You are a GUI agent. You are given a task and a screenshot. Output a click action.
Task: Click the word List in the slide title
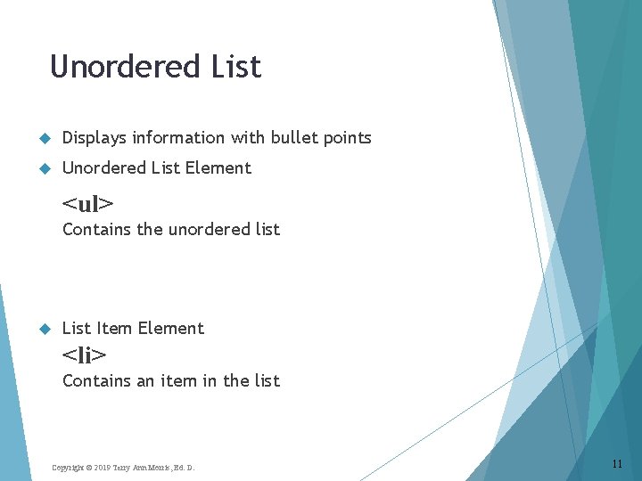tap(236, 67)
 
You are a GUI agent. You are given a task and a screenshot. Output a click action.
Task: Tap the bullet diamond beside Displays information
tap(44, 138)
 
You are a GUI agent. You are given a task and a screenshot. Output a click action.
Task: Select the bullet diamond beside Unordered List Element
tap(44, 168)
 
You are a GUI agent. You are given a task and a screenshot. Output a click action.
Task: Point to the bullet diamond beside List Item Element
tap(44, 329)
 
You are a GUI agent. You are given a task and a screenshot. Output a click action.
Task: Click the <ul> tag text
tap(88, 203)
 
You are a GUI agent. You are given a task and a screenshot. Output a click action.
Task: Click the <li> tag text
tap(85, 355)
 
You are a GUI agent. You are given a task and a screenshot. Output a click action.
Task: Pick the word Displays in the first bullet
tap(94, 138)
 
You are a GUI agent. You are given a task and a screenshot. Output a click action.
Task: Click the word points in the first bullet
tap(347, 138)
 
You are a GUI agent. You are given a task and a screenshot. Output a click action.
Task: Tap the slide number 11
tap(617, 464)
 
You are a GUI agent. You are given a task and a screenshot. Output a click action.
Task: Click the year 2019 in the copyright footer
tap(100, 468)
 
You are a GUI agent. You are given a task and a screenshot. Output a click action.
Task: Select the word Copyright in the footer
tap(67, 468)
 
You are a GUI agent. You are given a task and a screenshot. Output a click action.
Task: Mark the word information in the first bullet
tap(178, 138)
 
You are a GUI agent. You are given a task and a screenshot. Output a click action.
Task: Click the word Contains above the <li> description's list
tap(96, 381)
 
